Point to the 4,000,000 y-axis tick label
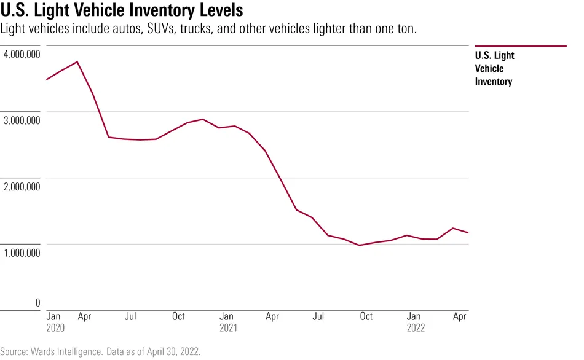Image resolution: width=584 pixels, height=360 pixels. (x=22, y=55)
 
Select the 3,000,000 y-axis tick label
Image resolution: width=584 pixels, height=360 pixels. (x=22, y=121)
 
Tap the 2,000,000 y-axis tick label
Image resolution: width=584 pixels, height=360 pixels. (x=22, y=187)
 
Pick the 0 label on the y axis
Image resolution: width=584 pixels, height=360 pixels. (x=37, y=302)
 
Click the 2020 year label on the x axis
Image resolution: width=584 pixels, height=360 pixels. (x=56, y=327)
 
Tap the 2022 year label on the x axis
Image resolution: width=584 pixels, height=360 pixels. (x=416, y=327)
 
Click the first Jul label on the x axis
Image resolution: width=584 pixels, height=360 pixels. (x=130, y=317)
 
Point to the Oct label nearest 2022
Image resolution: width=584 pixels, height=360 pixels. (x=366, y=317)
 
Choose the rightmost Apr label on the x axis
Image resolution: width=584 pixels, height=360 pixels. (x=459, y=317)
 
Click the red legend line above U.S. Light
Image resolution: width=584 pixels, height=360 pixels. (x=521, y=46)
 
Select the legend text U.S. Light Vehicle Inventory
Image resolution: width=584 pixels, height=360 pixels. (x=495, y=68)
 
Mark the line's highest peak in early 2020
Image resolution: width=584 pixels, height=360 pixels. (x=77, y=61)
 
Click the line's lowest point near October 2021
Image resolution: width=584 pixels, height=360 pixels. (x=360, y=245)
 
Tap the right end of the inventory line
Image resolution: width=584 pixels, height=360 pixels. (x=468, y=233)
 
